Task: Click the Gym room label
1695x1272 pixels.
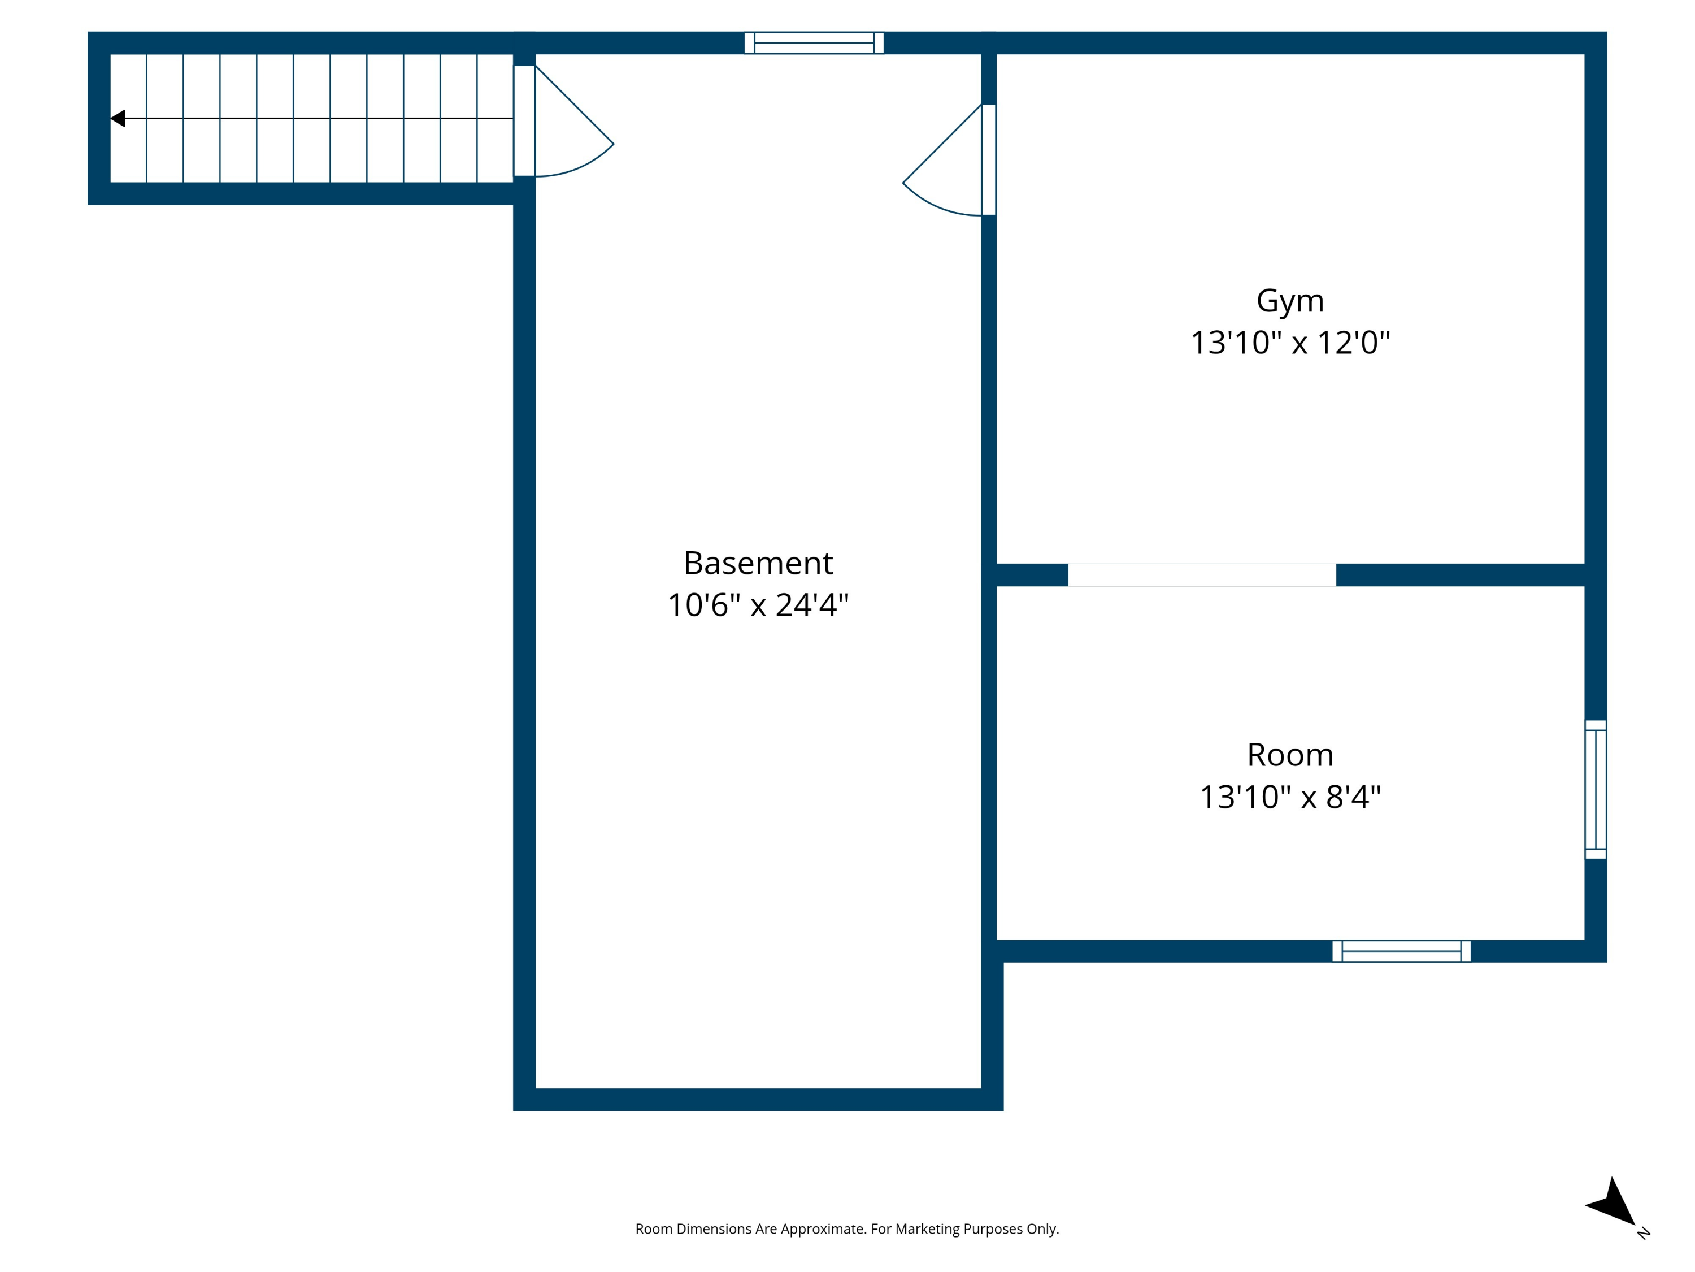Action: [1290, 301]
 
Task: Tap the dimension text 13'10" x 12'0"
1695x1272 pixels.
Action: [1290, 343]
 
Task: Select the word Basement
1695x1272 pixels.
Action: [758, 564]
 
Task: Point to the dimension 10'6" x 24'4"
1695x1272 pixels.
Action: [758, 605]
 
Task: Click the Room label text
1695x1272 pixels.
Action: [1290, 755]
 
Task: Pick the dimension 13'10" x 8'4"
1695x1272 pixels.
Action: [1290, 797]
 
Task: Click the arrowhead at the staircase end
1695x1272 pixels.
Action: [118, 119]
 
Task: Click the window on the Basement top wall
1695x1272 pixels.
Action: [814, 43]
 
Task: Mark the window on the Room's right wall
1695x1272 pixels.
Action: [1596, 789]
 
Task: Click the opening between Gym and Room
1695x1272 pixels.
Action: [1202, 575]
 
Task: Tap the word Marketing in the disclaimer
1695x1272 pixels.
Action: [927, 1229]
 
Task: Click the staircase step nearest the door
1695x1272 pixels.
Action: [495, 119]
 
